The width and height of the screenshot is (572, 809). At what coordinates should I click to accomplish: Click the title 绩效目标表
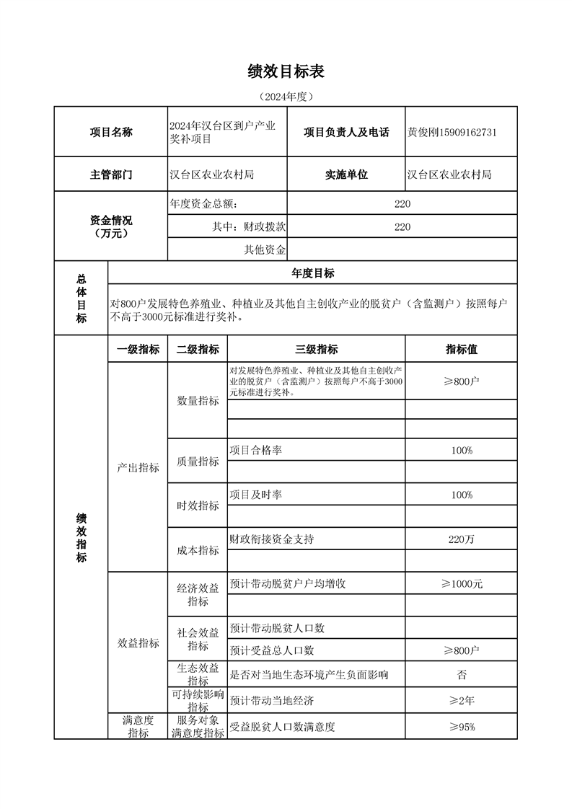[286, 71]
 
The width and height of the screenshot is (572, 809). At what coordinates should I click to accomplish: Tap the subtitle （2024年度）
[286, 96]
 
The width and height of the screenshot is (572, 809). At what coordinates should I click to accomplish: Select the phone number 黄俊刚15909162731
[452, 132]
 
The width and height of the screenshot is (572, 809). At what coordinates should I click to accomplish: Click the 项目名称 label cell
[111, 132]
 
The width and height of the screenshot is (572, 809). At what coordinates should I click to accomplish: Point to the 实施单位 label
[346, 174]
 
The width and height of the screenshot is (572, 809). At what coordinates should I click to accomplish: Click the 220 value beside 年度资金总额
[402, 204]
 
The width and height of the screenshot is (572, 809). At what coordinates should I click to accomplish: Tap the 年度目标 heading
[312, 273]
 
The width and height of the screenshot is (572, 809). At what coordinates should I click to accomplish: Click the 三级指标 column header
[316, 349]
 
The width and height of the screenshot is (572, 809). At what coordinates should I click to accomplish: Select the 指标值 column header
[461, 349]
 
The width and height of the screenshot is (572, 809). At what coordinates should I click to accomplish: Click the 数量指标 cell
[198, 401]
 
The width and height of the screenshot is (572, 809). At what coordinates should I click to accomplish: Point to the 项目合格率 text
[255, 450]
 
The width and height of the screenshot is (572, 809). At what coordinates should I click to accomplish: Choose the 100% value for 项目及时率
[461, 495]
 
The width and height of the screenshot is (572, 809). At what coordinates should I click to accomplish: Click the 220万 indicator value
[461, 539]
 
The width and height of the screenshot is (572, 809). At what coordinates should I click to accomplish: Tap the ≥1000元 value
[461, 584]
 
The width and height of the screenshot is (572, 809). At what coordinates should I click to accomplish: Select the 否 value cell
[461, 675]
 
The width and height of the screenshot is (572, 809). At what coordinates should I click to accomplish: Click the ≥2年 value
[461, 700]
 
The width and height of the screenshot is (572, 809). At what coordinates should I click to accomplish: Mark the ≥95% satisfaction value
[461, 727]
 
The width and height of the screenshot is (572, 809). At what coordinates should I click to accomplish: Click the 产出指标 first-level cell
[138, 468]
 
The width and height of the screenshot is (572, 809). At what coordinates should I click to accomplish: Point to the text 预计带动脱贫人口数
[277, 628]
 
